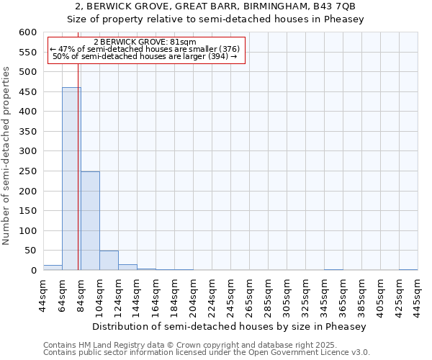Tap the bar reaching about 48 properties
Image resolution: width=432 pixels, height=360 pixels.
109,261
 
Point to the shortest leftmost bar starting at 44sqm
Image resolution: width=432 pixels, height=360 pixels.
53,268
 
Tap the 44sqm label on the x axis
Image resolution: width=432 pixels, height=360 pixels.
43,294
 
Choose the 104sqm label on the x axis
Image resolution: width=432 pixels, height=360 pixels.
99,294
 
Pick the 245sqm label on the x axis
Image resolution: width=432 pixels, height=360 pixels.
230,294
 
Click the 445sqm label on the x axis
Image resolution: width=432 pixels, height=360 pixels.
418,294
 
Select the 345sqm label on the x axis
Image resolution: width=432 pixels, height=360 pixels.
324,294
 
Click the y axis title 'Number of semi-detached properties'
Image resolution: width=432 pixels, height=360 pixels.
7,156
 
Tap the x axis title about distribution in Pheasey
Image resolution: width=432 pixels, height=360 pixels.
229,326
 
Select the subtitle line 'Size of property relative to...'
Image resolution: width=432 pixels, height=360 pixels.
216,19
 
